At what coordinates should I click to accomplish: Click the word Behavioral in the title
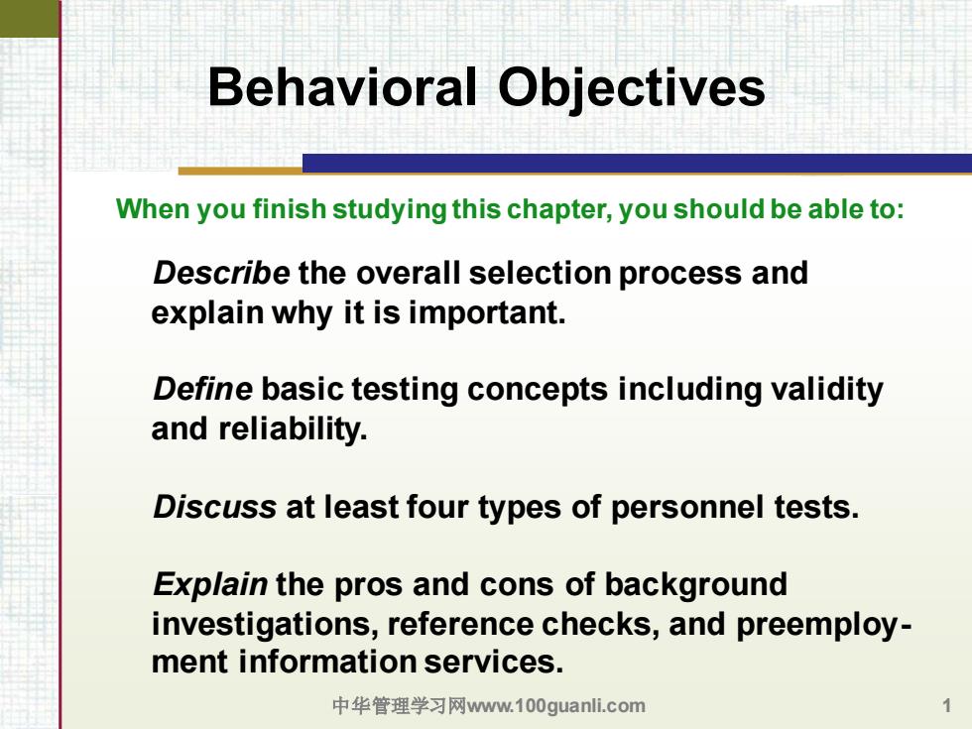[342, 87]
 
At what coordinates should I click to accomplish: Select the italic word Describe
[221, 273]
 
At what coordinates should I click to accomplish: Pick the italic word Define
[202, 389]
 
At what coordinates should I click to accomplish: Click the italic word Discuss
[214, 507]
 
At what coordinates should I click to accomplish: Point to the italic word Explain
[210, 585]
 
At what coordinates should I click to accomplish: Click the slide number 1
[946, 705]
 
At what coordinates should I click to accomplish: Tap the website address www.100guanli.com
[556, 706]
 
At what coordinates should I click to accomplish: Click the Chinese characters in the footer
[399, 705]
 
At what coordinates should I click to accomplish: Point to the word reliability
[293, 429]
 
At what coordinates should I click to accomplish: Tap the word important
[487, 313]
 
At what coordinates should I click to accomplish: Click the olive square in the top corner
[29, 19]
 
